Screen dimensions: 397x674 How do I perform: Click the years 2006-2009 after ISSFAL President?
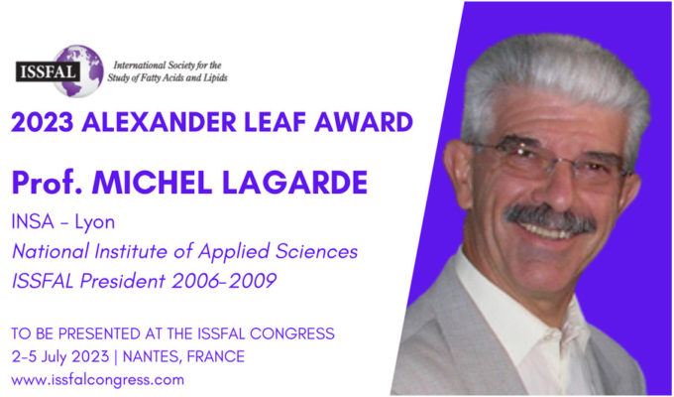coord(223,280)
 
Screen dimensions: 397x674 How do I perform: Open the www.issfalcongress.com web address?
coord(98,379)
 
